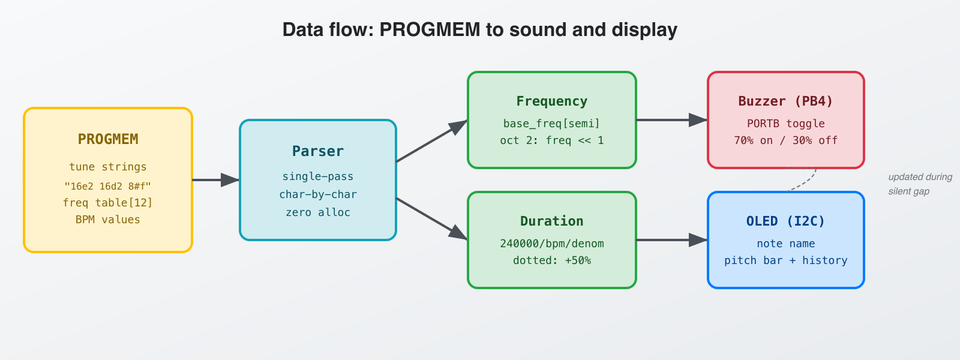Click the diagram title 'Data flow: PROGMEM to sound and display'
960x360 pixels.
[x=479, y=29]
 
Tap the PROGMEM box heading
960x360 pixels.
[x=108, y=139]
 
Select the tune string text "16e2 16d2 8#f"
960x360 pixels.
[x=108, y=186]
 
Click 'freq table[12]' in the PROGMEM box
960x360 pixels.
[x=108, y=203]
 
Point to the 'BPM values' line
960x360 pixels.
[x=108, y=220]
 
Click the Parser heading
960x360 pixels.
[x=318, y=151]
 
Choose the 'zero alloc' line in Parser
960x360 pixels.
[x=318, y=212]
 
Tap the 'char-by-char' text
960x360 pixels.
[x=318, y=194]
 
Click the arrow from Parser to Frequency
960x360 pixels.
[x=431, y=142]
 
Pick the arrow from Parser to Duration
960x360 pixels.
[x=431, y=218]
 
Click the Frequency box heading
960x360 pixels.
[x=552, y=101]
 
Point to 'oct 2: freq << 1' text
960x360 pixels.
[x=552, y=140]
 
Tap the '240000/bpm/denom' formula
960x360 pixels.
[x=552, y=244]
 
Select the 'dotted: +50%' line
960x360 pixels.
[x=552, y=260]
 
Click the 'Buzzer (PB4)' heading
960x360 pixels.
[x=786, y=101]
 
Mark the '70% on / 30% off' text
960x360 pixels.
[x=786, y=140]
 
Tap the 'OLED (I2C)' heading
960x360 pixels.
[x=786, y=221]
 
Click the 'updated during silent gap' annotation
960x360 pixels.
[x=919, y=184]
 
